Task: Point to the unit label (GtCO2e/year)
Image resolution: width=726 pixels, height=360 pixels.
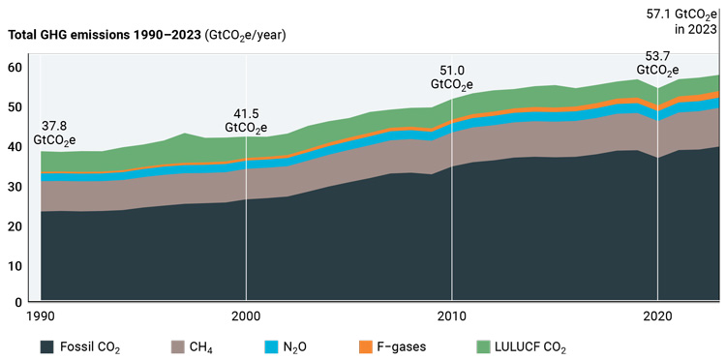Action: (246, 35)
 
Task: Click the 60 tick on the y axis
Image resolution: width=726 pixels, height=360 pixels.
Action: (15, 68)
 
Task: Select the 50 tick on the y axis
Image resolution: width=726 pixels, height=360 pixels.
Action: (15, 106)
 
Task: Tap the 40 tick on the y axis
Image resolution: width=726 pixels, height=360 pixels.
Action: (15, 146)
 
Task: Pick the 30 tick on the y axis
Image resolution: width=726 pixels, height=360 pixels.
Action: (15, 186)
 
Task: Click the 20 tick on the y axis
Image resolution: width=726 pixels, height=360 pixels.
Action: (15, 225)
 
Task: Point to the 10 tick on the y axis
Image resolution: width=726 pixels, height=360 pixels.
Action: (15, 264)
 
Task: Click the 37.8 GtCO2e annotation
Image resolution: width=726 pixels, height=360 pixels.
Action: (58, 134)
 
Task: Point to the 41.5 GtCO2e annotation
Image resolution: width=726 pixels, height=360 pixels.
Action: (246, 119)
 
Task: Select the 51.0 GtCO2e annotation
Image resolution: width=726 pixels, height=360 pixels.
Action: (451, 77)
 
